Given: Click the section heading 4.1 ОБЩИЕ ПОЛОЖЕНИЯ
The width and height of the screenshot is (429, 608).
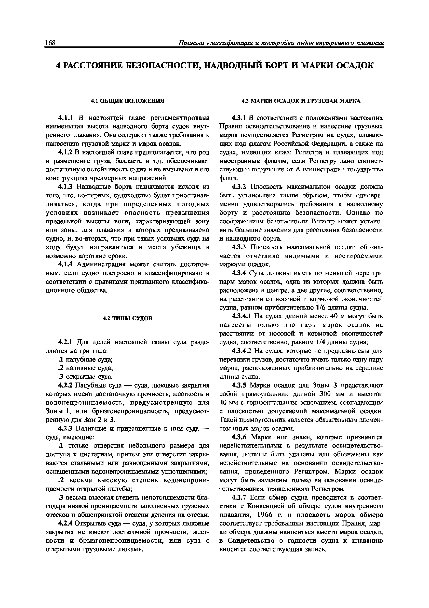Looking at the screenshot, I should (127, 101).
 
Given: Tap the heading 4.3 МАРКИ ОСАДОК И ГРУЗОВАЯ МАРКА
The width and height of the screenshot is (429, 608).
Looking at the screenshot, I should (301, 101).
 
